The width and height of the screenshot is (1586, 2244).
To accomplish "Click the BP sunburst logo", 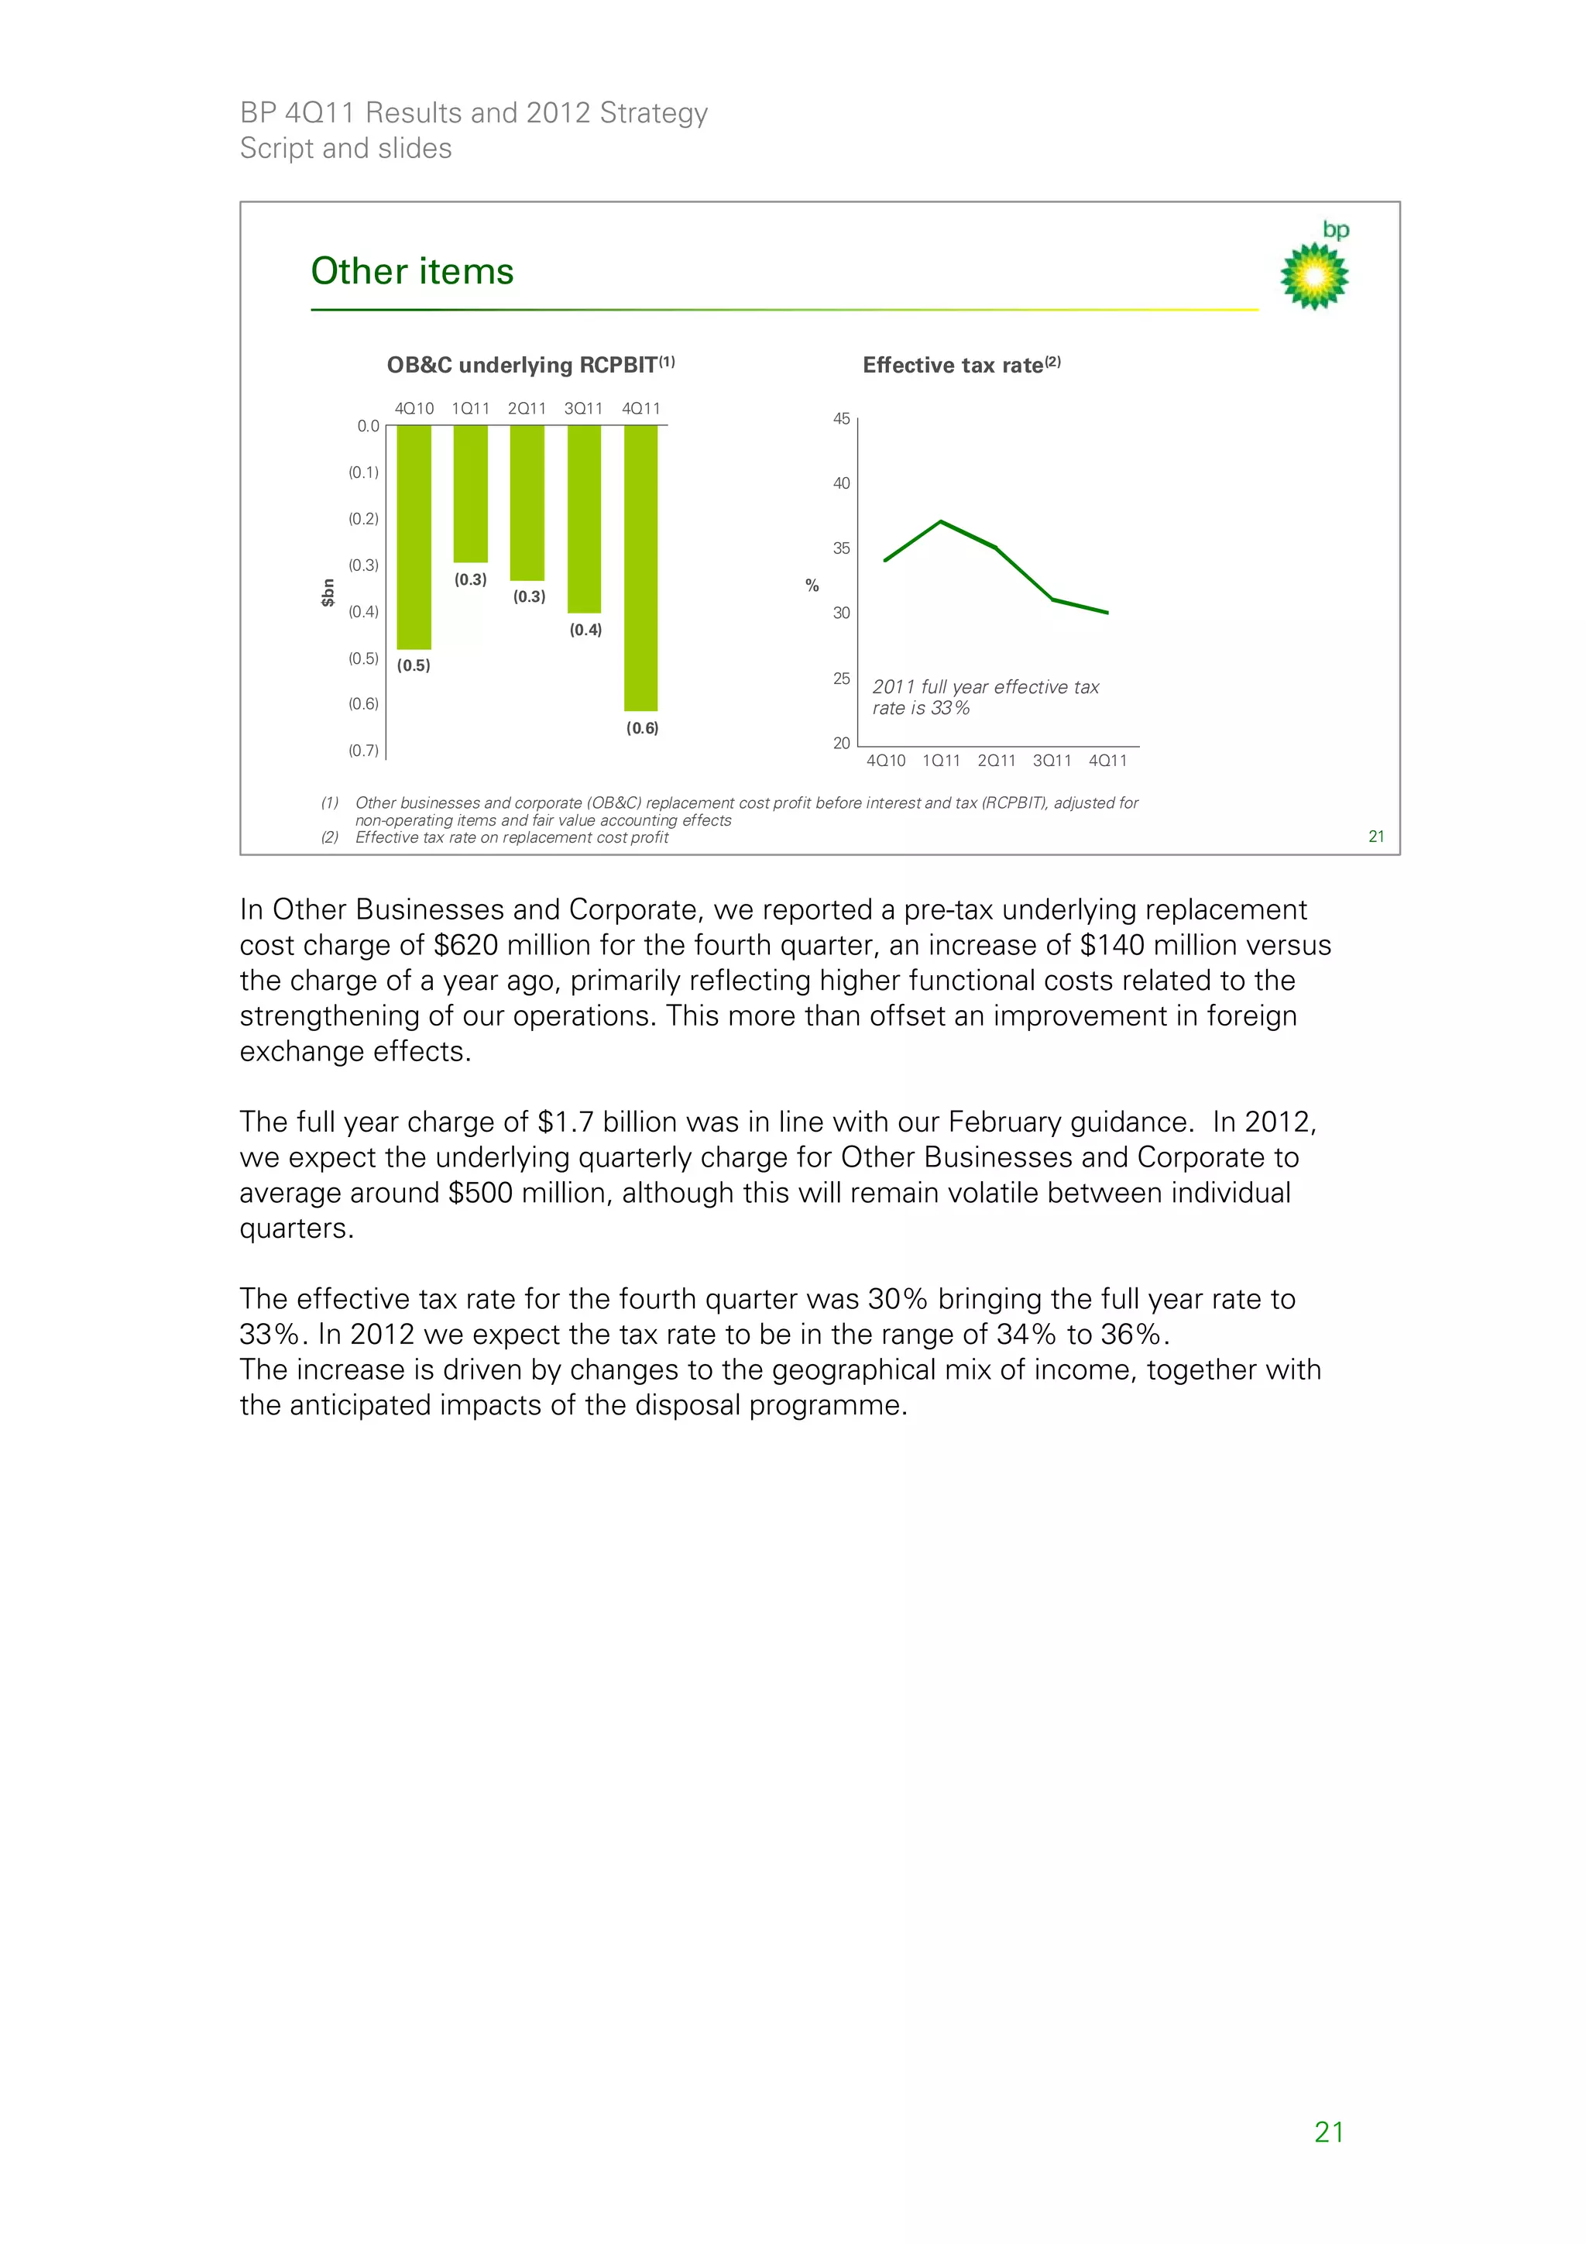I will tap(1314, 276).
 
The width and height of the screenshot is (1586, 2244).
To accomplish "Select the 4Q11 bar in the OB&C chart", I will tap(641, 567).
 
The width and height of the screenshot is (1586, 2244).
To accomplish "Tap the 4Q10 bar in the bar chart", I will tap(414, 538).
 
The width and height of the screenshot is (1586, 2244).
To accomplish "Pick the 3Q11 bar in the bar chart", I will tap(585, 518).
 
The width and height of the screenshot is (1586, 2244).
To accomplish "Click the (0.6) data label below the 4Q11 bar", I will tap(642, 728).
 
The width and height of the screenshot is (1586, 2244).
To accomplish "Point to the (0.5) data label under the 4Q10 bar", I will tap(414, 665).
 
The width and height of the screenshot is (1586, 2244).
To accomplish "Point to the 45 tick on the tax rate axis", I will tap(840, 418).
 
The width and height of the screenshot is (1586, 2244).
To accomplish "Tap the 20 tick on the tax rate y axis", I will tap(840, 743).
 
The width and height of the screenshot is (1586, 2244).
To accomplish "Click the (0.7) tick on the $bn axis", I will tap(363, 751).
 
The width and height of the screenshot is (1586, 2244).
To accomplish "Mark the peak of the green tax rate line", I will tap(940, 522).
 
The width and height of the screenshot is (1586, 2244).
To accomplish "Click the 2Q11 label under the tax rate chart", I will tap(996, 761).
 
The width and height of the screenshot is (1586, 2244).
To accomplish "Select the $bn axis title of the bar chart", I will tap(328, 593).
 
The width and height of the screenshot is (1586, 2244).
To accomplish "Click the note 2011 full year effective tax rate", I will tap(985, 698).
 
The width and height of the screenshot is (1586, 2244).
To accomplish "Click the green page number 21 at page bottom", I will tap(1328, 2132).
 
